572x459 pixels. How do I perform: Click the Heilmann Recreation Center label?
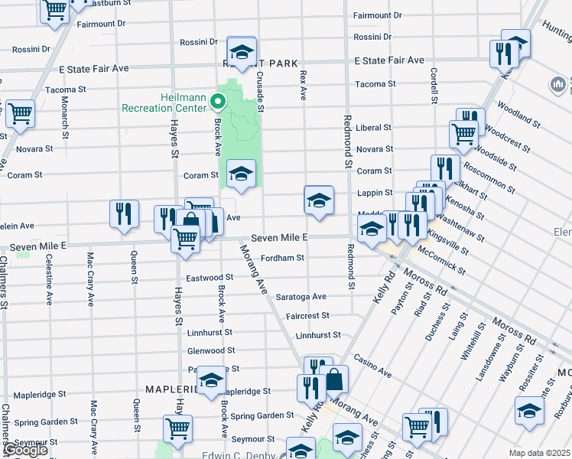tap(164, 103)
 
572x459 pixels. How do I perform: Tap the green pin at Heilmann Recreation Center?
tap(218, 101)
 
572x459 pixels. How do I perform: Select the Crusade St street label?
tap(260, 92)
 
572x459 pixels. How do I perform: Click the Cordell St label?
tap(434, 85)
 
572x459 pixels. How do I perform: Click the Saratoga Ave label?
tap(301, 296)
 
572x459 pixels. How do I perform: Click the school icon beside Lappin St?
tap(319, 200)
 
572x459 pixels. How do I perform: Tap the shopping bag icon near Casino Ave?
tap(334, 378)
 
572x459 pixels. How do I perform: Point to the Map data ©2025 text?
tap(540, 453)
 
